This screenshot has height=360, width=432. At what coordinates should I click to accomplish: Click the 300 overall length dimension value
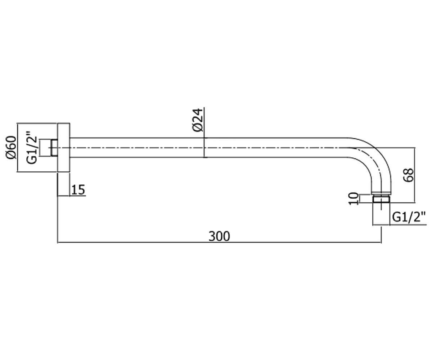(x=219, y=236)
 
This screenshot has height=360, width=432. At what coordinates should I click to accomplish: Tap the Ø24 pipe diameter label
(x=198, y=120)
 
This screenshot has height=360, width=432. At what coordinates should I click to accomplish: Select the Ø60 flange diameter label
(x=11, y=147)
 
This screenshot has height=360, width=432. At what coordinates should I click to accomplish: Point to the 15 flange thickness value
(x=78, y=190)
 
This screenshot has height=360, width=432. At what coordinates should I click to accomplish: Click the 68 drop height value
(x=409, y=175)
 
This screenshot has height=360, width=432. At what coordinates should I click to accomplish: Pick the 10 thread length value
(x=354, y=198)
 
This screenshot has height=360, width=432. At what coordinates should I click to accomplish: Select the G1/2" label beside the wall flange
(x=32, y=147)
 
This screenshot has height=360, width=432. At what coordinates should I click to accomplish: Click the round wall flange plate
(x=63, y=147)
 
